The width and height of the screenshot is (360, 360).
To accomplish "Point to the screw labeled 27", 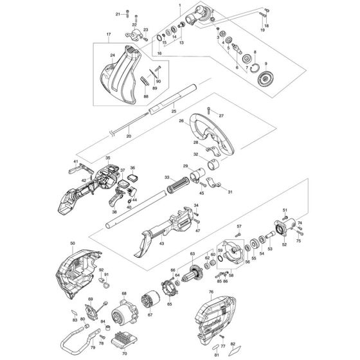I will tap(221, 116).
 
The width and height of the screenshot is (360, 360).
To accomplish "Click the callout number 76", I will tap(212, 291).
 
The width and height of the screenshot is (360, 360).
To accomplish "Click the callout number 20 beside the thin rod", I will tap(129, 136).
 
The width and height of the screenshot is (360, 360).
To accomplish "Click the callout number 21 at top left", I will tap(118, 14).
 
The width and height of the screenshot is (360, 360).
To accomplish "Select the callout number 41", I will tap(75, 161).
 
